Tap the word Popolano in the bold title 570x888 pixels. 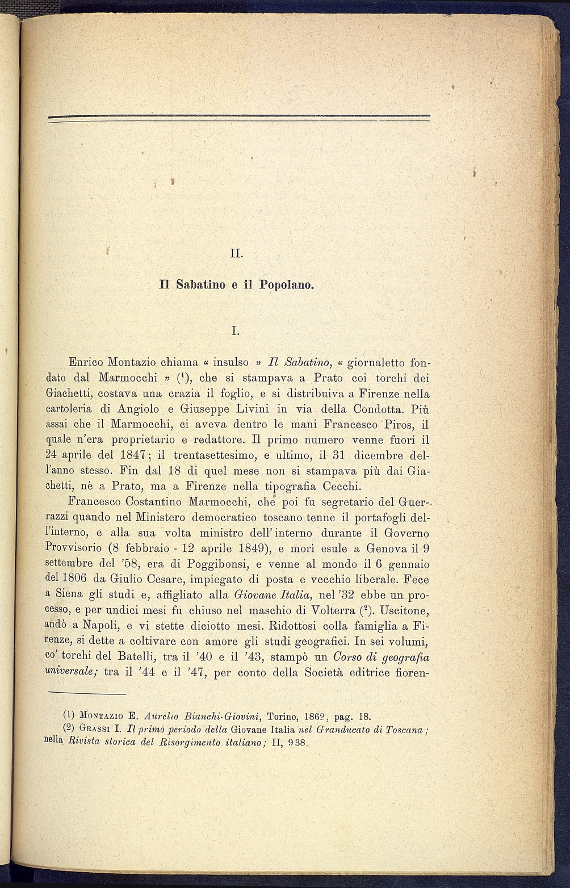coord(286,284)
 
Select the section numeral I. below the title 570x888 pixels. coord(236,329)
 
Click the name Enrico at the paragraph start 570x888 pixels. coord(85,362)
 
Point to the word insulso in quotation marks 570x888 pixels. coord(230,362)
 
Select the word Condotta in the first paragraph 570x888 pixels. coord(391,409)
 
